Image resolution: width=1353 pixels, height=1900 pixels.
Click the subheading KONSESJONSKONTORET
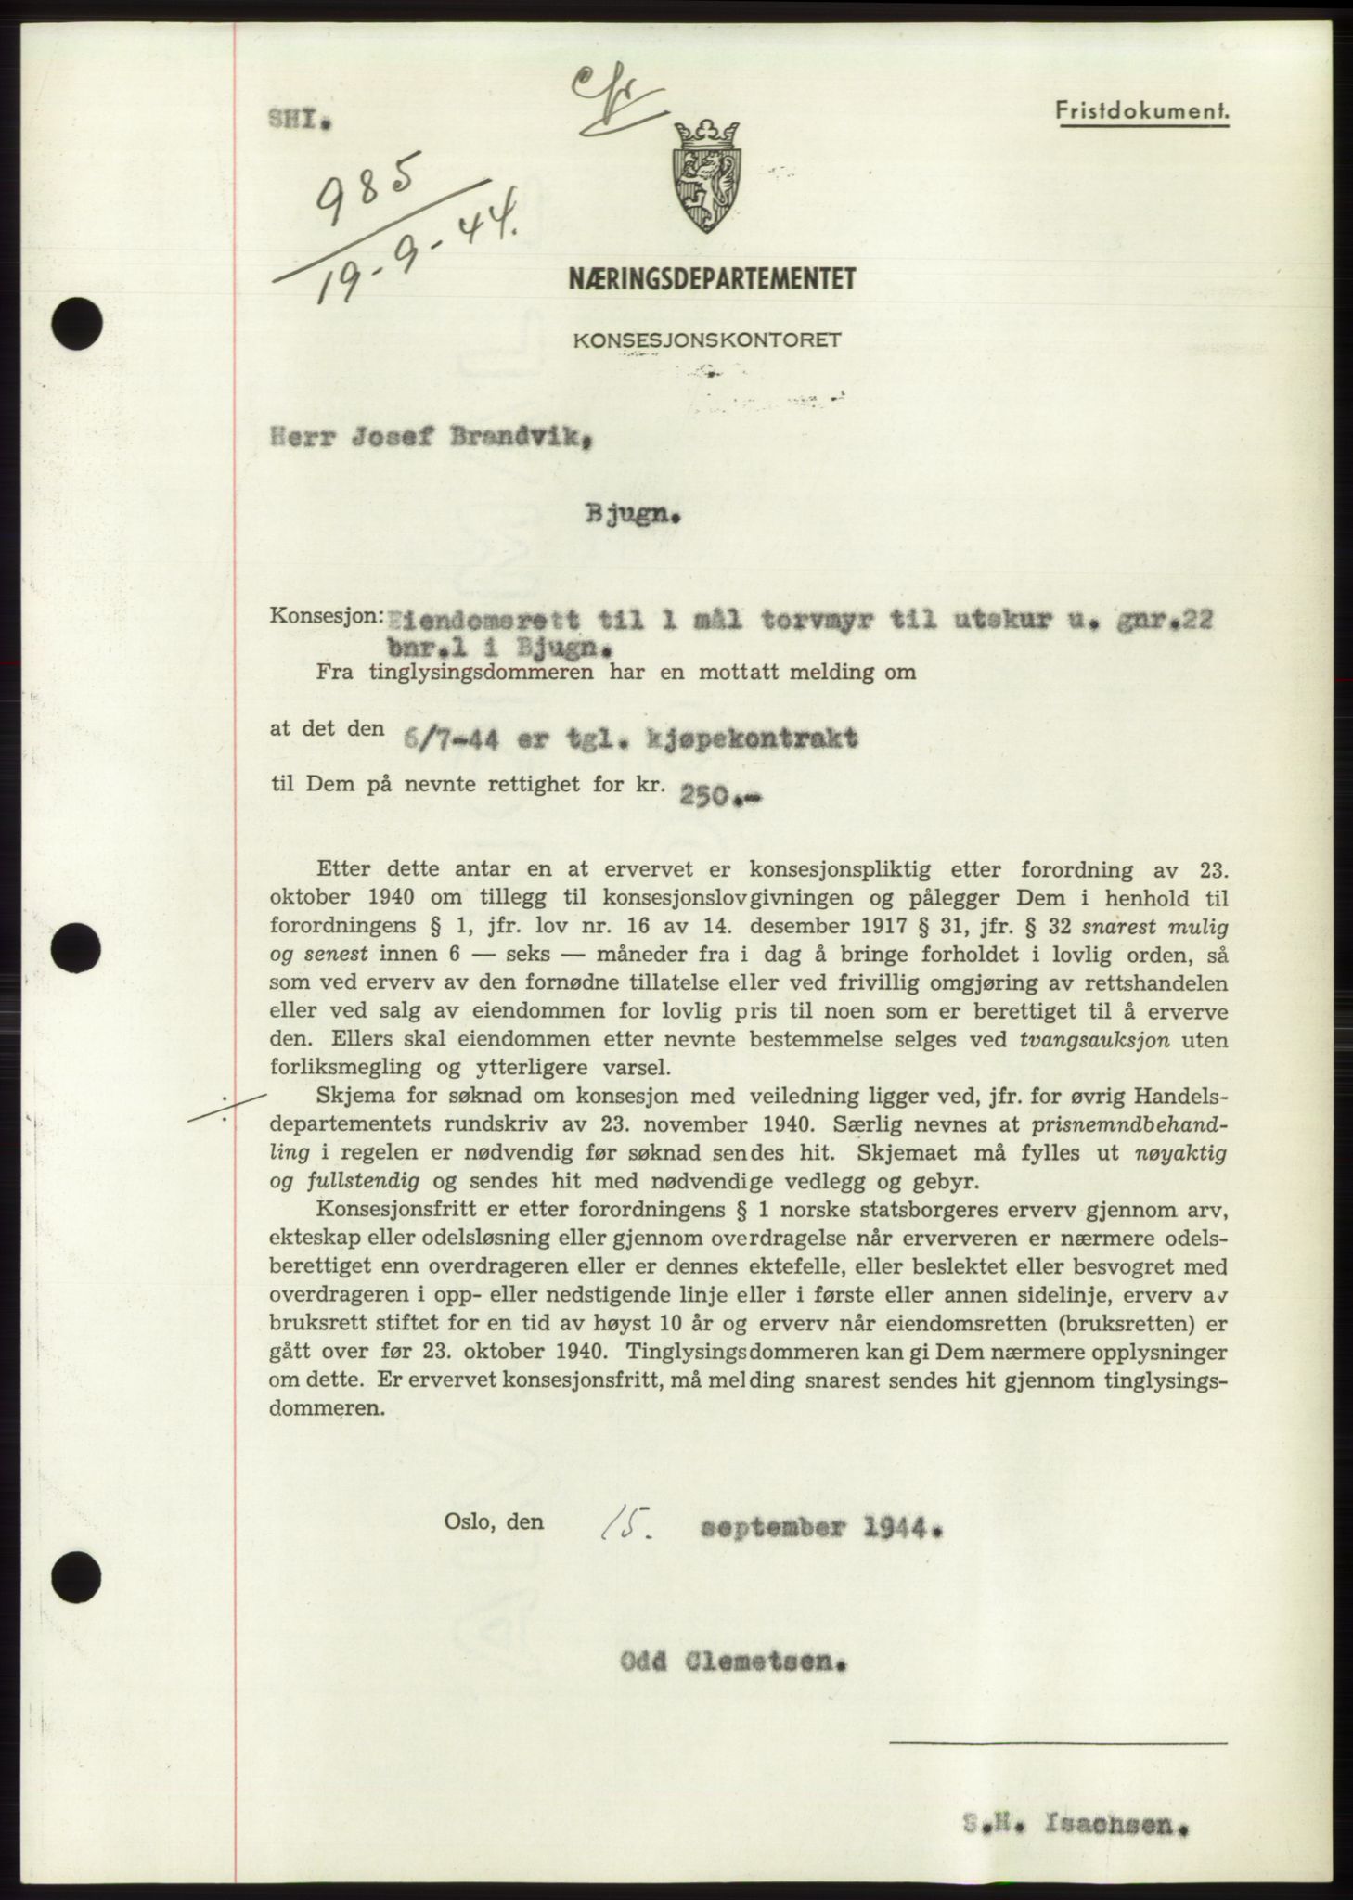(x=707, y=340)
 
